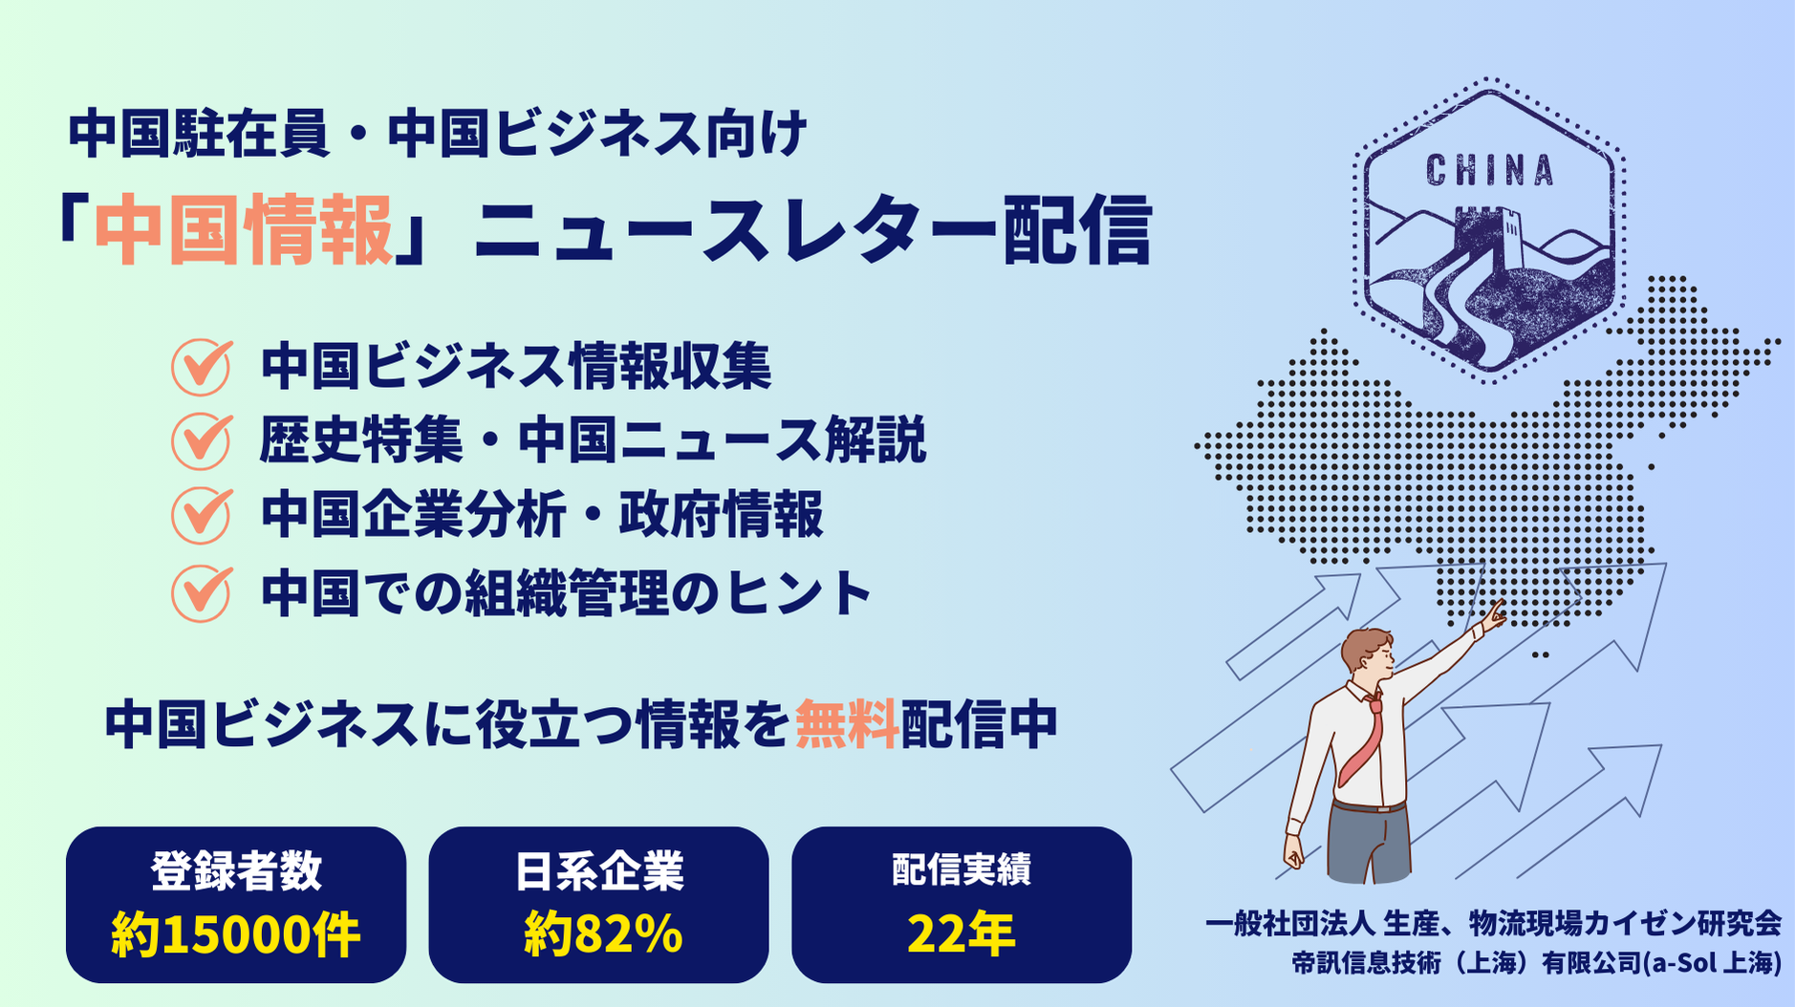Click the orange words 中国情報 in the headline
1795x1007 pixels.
[x=244, y=230]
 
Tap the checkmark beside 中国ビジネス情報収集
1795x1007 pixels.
[x=202, y=367]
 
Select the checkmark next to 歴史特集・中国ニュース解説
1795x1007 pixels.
[x=202, y=440]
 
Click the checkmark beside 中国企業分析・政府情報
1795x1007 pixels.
[x=202, y=515]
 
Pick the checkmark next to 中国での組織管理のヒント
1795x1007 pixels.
[x=202, y=593]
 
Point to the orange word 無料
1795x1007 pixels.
[x=847, y=724]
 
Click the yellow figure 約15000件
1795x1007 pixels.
[x=236, y=934]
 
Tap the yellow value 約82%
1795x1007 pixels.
[x=603, y=934]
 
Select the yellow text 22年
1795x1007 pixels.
[x=962, y=934]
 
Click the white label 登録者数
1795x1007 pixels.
[x=236, y=871]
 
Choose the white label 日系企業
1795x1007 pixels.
[x=599, y=871]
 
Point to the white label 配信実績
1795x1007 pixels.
[x=962, y=869]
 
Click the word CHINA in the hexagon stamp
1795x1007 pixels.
[x=1490, y=171]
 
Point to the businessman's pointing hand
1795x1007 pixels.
[x=1492, y=616]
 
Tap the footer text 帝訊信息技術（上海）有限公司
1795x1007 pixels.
[x=1466, y=963]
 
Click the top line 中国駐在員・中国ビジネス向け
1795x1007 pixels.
[x=438, y=134]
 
